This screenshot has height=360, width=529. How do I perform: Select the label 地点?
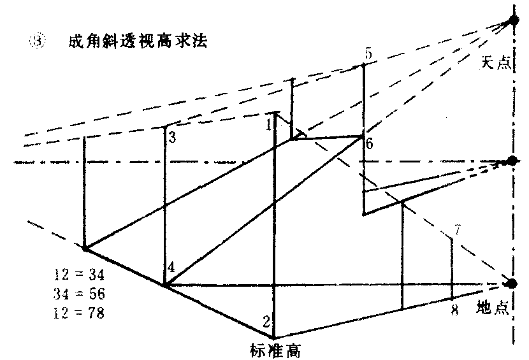pos(493,306)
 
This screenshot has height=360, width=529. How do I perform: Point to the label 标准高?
pos(275,350)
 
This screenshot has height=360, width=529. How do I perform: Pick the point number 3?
pos(172,136)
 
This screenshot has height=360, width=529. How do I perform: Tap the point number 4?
pos(171,268)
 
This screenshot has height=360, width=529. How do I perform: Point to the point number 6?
pos(369,144)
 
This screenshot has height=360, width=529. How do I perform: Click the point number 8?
pos(454,311)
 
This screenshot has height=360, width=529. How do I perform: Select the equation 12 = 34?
pos(80,275)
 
